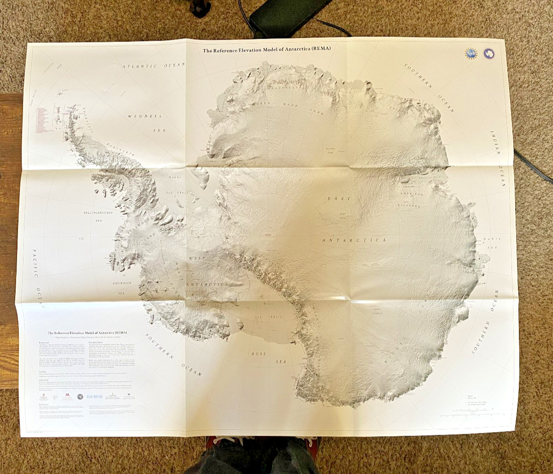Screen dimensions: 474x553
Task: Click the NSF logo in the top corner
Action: (471, 53)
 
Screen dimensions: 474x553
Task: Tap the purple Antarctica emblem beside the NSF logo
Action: (488, 54)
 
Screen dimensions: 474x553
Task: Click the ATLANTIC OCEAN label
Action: (153, 66)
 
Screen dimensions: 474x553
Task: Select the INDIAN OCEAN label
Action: (499, 159)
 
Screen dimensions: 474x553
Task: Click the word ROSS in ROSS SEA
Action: (259, 354)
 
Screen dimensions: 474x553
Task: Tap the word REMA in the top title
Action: (321, 48)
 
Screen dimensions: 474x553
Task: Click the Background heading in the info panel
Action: (43, 343)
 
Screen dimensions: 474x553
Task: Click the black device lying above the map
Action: (289, 16)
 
